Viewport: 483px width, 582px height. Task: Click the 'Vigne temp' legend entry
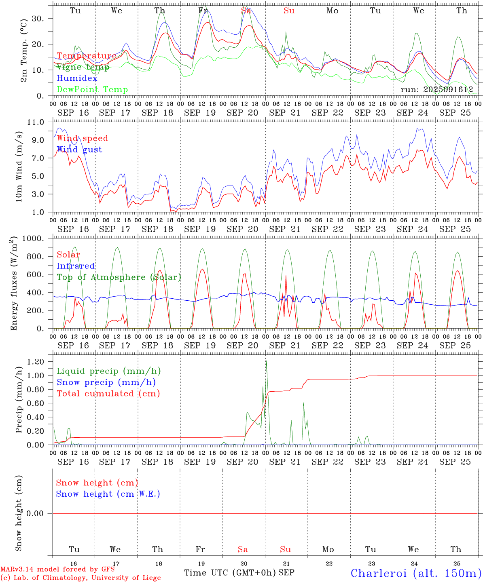83,67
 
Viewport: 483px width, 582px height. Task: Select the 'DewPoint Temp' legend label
92,90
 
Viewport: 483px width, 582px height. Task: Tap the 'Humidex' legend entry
77,78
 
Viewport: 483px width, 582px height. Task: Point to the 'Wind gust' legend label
79,150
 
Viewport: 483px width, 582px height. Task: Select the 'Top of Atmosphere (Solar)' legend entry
119,277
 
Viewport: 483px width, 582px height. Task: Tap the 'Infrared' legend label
76,266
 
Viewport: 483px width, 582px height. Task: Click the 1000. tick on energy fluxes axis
36,238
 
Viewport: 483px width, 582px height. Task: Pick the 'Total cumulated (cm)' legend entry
108,394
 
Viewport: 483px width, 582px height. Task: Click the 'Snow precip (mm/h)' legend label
106,382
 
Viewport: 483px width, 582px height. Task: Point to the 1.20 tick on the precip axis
36,362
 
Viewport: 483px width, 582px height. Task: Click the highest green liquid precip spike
266,361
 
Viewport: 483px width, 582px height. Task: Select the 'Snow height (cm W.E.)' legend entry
108,494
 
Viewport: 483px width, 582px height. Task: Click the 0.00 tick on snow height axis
35,513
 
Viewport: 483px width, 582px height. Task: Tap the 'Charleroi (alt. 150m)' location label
416,573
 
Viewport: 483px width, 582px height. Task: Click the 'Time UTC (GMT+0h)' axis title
230,573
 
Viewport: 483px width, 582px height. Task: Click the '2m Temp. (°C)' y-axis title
24,51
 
